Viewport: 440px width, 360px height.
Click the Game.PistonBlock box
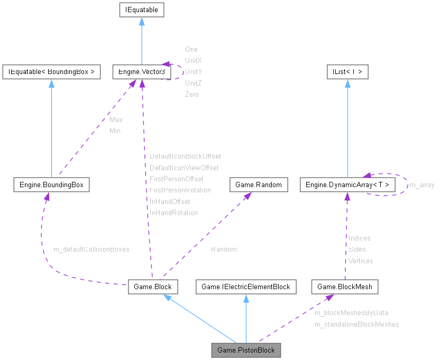tap(246, 350)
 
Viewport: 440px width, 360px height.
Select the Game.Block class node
tap(153, 287)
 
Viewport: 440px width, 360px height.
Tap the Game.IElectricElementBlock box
tap(246, 287)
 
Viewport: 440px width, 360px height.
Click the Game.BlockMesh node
tap(345, 287)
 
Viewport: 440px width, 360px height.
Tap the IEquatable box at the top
tap(141, 10)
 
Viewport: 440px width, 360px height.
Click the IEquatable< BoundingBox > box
tap(51, 72)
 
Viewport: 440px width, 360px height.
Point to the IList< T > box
tap(347, 72)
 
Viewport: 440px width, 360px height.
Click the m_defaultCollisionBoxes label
tap(91, 249)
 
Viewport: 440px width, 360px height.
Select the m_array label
tap(422, 185)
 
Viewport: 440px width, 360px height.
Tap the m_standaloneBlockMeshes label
tap(356, 324)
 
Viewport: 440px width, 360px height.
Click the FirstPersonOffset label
tap(176, 179)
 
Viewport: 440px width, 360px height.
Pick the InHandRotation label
tap(173, 213)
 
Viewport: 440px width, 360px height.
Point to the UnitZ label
tap(193, 83)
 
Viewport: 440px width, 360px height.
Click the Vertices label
tap(361, 261)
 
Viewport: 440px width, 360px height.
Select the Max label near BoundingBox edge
tap(116, 120)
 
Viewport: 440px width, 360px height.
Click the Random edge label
tap(224, 249)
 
